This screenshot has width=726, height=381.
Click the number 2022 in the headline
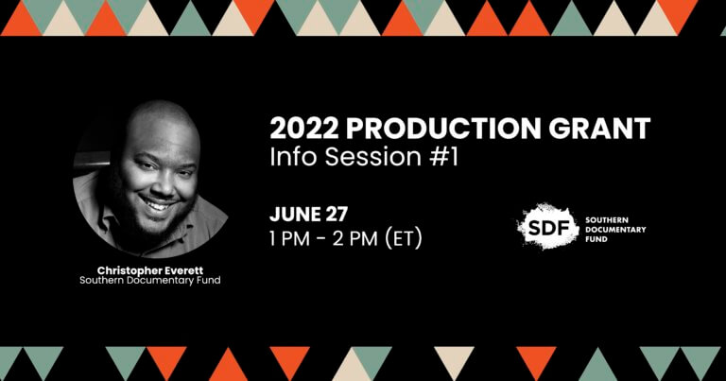pyautogui.click(x=304, y=129)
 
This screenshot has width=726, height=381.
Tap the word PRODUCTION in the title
pyautogui.click(x=443, y=129)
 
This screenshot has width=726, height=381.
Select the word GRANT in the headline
pyautogui.click(x=598, y=129)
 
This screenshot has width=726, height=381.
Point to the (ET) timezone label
pyautogui.click(x=404, y=239)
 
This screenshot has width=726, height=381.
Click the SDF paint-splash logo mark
pyautogui.click(x=547, y=226)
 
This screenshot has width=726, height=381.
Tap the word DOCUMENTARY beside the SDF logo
pyautogui.click(x=615, y=230)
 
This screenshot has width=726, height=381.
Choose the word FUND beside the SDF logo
pyautogui.click(x=596, y=239)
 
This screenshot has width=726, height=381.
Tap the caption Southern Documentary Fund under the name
pyautogui.click(x=150, y=281)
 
